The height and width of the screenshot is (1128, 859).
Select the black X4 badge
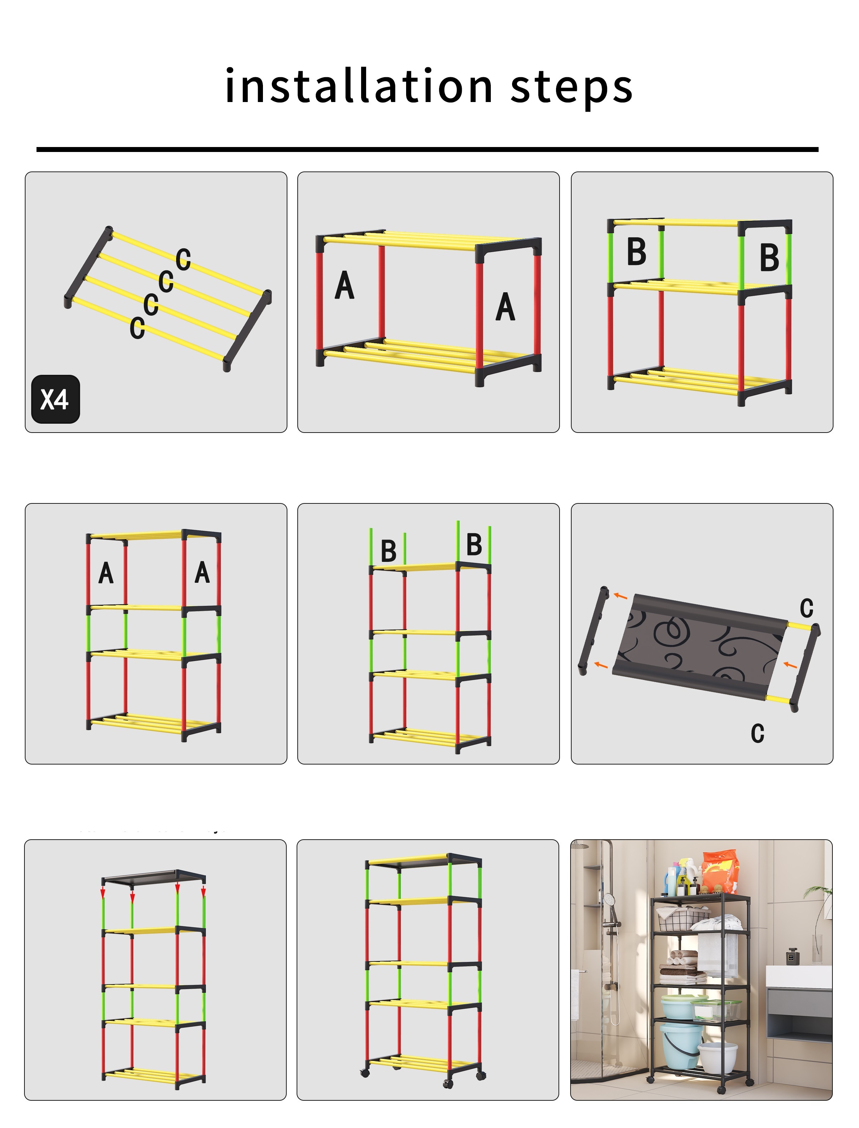[55, 399]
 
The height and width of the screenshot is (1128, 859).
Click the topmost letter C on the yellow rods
[183, 259]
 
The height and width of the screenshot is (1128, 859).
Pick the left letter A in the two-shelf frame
[344, 285]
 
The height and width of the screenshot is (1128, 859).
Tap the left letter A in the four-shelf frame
[106, 573]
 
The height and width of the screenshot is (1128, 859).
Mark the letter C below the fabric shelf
[757, 733]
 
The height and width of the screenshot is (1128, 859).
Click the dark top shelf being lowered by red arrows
[153, 877]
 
